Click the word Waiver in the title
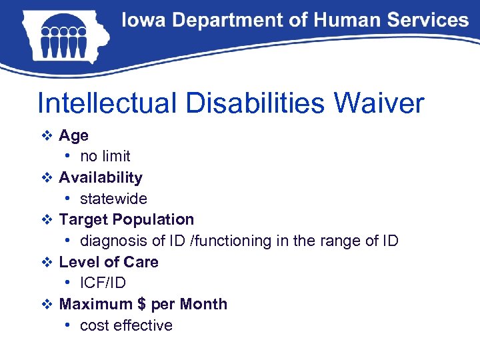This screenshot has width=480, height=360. (379, 104)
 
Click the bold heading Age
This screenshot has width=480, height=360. (73, 135)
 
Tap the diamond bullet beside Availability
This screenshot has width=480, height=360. (46, 177)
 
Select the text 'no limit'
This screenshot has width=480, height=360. (105, 157)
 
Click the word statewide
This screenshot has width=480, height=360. (113, 199)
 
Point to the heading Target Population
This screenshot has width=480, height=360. (126, 219)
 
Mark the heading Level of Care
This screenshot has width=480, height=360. (109, 262)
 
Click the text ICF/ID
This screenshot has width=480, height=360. (103, 283)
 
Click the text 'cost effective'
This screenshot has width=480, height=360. (126, 325)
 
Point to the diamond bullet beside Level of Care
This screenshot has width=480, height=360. (46, 262)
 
